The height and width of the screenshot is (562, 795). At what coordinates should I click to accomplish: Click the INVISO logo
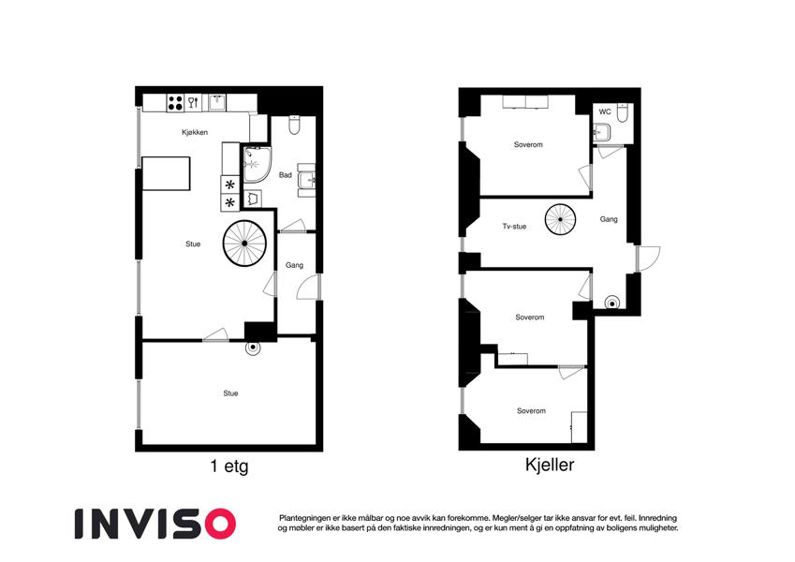[x=155, y=524]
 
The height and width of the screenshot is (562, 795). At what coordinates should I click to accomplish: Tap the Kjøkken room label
[x=195, y=132]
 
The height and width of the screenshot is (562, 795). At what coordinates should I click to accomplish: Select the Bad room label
[x=286, y=175]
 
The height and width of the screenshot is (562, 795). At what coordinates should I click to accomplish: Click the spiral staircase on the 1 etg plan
[x=245, y=244]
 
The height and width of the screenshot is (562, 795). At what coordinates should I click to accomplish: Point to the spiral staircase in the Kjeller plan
[x=560, y=219]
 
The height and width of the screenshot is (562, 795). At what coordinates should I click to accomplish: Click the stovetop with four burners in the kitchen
[x=175, y=103]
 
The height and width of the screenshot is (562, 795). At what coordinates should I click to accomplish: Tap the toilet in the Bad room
[x=294, y=126]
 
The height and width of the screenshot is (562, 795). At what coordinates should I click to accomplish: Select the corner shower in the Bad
[x=257, y=165]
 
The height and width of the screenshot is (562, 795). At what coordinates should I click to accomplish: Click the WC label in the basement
[x=605, y=111]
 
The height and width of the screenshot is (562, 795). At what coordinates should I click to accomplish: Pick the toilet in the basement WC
[x=623, y=112]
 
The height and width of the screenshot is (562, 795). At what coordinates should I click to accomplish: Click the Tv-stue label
[x=514, y=227]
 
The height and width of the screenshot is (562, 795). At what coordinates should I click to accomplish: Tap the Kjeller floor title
[x=550, y=464]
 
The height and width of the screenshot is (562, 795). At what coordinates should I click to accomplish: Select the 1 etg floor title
[x=229, y=466]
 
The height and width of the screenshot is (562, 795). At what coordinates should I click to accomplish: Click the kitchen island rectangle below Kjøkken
[x=167, y=173]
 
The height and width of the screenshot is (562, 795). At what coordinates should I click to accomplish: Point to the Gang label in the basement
[x=609, y=219]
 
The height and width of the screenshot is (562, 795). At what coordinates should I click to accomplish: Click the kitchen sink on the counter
[x=217, y=102]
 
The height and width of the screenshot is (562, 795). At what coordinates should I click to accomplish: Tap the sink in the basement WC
[x=602, y=132]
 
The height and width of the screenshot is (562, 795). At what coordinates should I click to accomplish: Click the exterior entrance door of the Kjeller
[x=648, y=259]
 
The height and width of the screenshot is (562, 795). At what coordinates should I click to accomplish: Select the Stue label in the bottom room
[x=230, y=393]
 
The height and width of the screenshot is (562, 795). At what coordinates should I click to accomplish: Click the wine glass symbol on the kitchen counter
[x=193, y=103]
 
